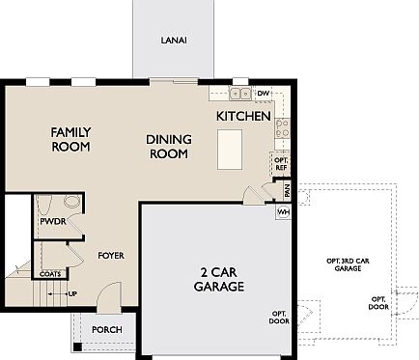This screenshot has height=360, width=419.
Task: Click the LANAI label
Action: [x=175, y=41]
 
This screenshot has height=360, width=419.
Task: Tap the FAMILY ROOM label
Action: [x=70, y=139]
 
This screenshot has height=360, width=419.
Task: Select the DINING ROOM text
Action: [x=169, y=146]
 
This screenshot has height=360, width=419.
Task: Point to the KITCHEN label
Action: [x=243, y=116]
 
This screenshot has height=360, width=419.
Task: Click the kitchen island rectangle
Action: [x=229, y=150]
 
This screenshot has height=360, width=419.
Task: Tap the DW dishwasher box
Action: [x=264, y=94]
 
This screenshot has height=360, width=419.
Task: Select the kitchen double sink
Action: [x=240, y=94]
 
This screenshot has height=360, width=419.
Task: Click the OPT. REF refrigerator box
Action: [x=281, y=162]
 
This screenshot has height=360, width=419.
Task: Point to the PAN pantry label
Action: [x=286, y=190]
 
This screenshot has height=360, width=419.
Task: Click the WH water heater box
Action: [x=284, y=211]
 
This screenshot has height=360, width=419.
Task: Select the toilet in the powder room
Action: [x=70, y=204]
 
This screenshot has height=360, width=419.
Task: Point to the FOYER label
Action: [x=111, y=256]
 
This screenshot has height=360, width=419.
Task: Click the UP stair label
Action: [x=72, y=292]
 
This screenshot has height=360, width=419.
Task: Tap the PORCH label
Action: [x=106, y=329]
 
